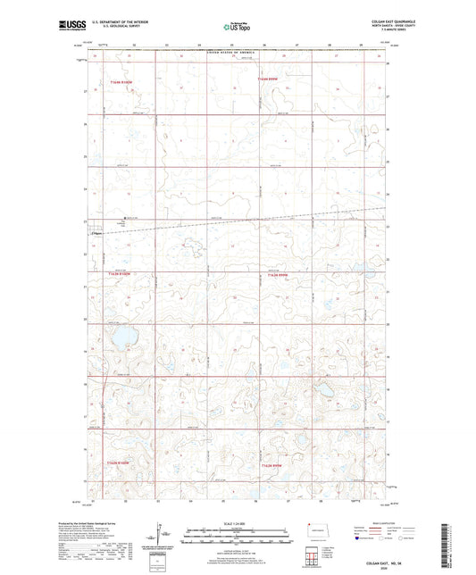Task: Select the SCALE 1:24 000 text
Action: click(x=237, y=523)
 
